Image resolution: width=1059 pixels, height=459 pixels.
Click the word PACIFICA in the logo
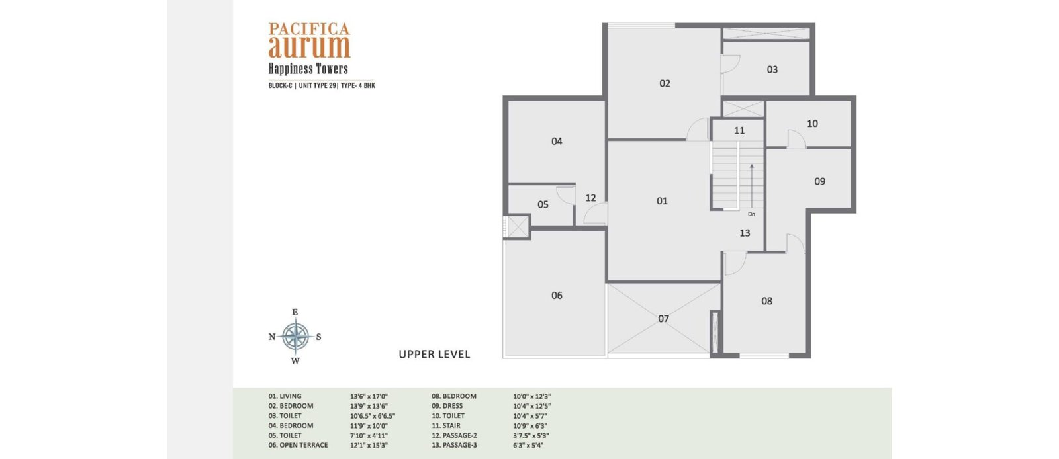pyautogui.click(x=309, y=29)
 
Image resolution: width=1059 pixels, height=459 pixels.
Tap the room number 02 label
pyautogui.click(x=665, y=83)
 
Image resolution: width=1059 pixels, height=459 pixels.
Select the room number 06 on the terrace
pyautogui.click(x=557, y=296)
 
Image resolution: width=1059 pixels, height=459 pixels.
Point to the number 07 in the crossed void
pyautogui.click(x=663, y=319)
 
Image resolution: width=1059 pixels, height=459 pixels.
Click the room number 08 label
pyautogui.click(x=767, y=302)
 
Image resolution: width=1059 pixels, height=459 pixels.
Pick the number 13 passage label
pyautogui.click(x=745, y=233)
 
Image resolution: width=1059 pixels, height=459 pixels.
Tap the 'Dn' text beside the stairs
pyautogui.click(x=751, y=214)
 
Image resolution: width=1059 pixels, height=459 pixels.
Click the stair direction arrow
pyautogui.click(x=751, y=186)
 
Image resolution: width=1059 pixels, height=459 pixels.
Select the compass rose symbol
pyautogui.click(x=295, y=337)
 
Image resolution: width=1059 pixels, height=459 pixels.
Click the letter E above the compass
pyautogui.click(x=295, y=312)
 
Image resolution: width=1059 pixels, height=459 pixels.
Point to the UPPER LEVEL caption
pyautogui.click(x=434, y=355)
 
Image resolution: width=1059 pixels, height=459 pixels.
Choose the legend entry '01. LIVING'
pyautogui.click(x=285, y=396)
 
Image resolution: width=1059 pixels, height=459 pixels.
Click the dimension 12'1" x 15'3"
pyautogui.click(x=369, y=445)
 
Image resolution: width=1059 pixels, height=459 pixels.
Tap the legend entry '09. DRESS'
pyautogui.click(x=447, y=406)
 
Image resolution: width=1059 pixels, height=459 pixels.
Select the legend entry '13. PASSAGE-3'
pyautogui.click(x=454, y=445)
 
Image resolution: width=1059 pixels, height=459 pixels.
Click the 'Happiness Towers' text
pyautogui.click(x=308, y=69)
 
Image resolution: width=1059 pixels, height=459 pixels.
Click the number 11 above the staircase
pyautogui.click(x=739, y=131)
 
